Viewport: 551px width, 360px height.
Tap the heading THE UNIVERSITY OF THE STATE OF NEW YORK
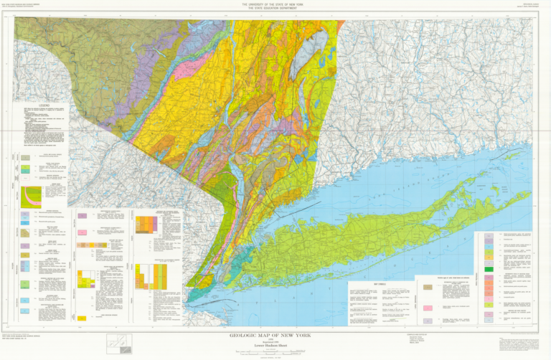click(275, 4)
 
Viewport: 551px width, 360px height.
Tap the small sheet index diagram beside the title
click(118, 344)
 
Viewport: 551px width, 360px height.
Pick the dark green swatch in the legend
click(489, 269)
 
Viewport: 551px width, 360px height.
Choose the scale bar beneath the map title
click(275, 349)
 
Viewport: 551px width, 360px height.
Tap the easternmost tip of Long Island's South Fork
click(532, 192)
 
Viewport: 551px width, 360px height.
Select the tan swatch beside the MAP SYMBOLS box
click(428, 286)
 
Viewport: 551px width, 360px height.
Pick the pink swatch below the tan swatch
click(428, 306)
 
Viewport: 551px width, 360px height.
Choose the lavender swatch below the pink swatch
click(428, 320)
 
